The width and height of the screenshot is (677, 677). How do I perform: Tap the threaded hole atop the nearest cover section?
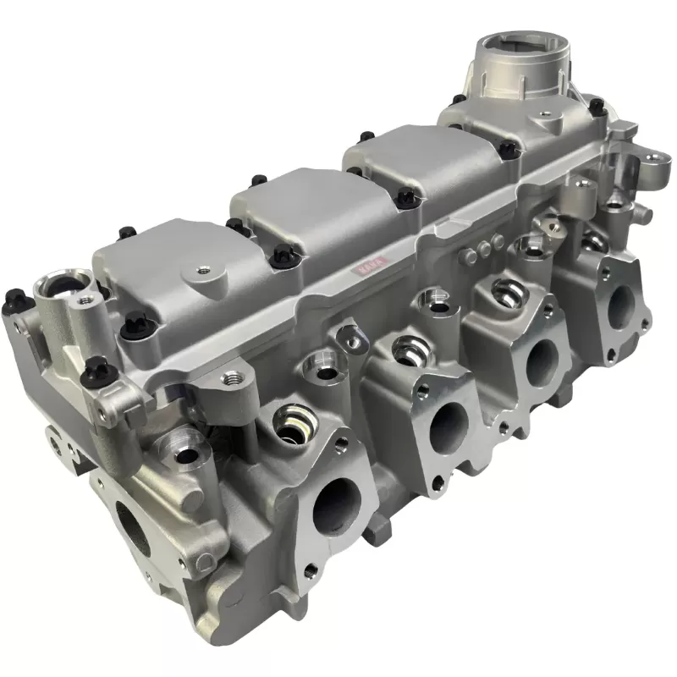(202, 270)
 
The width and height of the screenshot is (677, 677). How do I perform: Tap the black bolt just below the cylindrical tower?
(596, 106)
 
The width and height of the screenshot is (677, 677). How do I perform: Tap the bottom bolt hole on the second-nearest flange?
(436, 483)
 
